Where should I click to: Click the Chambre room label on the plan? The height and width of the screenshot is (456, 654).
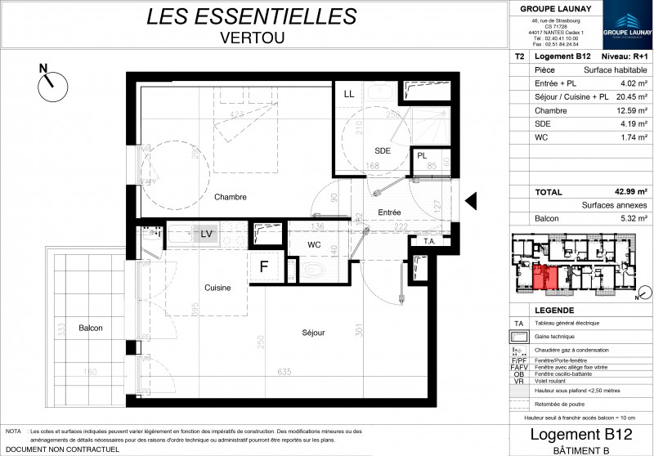coord(231,197)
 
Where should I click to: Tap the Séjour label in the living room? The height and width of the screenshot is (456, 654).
coord(312,333)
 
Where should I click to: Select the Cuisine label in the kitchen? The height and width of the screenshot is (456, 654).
coord(217,288)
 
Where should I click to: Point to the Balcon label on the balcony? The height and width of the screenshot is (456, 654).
coord(90,328)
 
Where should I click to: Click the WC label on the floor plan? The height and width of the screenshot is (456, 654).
coord(314,244)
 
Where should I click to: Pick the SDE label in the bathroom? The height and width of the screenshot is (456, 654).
coord(383,151)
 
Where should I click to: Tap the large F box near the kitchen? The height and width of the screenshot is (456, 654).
coord(264,266)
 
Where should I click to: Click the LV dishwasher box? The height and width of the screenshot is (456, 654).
coord(207,235)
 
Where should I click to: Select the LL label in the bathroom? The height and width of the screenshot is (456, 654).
coord(349,94)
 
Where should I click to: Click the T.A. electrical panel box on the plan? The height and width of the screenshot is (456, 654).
coord(428,241)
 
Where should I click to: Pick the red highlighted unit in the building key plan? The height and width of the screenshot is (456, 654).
coord(544,279)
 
